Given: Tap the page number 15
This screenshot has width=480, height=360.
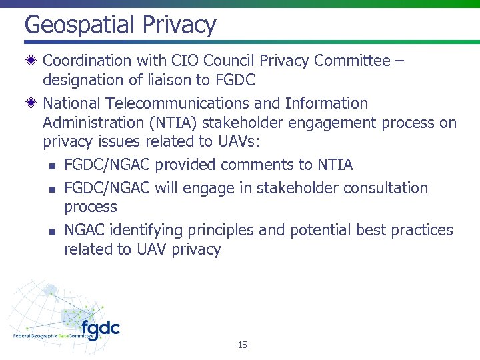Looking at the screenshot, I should point(242,345).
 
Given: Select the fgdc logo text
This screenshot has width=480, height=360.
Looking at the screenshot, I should point(100,329).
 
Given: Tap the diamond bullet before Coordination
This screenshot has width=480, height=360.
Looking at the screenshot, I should point(31,61).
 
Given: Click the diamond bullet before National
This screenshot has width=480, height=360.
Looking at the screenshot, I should point(31,103).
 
